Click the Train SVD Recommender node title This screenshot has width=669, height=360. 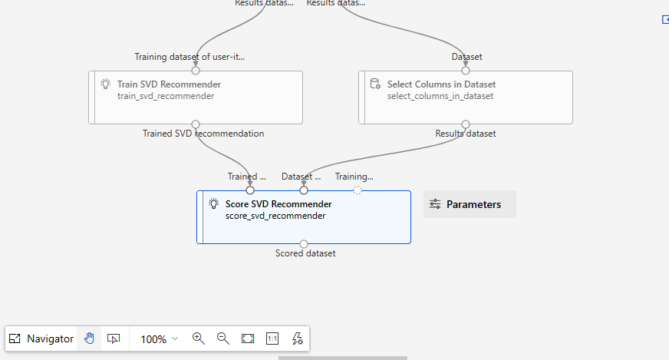coord(169,84)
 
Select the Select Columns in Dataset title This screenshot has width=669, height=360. coord(441,84)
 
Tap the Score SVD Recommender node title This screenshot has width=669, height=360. coord(278,204)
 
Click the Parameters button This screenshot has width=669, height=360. coord(470,204)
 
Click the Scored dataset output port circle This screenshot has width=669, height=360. coord(304,244)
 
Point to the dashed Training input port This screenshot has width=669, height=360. coord(358,190)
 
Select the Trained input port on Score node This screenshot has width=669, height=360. coord(250,190)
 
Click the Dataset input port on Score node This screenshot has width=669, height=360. coord(304,190)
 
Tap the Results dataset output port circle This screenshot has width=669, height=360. coord(466,124)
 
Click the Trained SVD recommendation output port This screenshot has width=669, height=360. coord(196,124)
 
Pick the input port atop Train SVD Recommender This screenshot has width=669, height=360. coord(196,71)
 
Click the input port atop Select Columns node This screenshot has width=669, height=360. coord(466,71)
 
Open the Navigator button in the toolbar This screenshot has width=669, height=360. coord(41,339)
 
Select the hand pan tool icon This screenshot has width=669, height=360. coord(89,339)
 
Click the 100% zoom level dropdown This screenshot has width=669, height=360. coord(159,339)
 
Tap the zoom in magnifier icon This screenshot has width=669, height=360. coord(199,339)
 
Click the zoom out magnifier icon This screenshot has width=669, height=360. coord(222,339)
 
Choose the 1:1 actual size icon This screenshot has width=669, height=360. coord(272,339)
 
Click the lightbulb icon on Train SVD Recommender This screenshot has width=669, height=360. coord(105,84)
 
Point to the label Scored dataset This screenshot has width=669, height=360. coord(305,253)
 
